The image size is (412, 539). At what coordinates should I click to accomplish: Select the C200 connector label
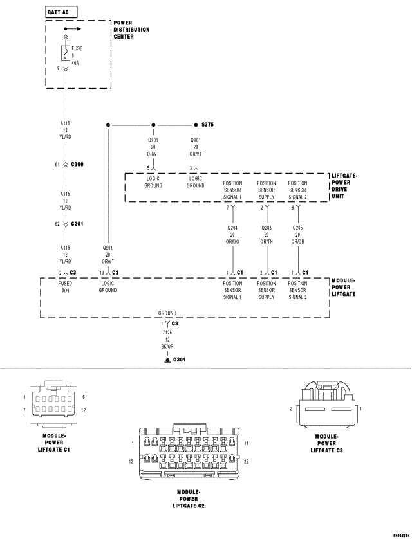click(77, 165)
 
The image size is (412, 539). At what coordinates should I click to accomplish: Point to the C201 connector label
click(77, 224)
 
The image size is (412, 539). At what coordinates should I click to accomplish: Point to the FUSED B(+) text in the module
click(65, 287)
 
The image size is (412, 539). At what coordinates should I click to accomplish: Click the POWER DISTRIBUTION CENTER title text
click(131, 30)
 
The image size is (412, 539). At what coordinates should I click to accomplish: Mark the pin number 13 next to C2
click(102, 273)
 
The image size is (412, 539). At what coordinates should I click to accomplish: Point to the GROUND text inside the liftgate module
click(167, 313)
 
